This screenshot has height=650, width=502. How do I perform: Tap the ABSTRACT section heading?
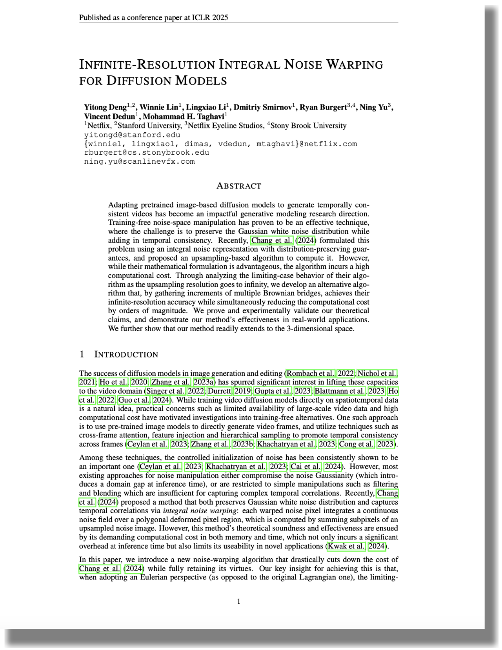tap(239, 186)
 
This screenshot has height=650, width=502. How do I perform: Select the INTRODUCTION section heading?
tap(126, 354)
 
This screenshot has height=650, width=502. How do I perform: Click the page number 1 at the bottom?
tap(239, 601)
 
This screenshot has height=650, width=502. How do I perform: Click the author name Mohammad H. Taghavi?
tap(183, 116)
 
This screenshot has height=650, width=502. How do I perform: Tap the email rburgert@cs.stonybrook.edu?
tap(147, 152)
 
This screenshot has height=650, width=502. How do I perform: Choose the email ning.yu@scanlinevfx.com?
tap(139, 161)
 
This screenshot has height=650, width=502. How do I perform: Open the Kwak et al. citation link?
tap(346, 546)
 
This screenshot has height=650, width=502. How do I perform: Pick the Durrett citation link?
tap(220, 391)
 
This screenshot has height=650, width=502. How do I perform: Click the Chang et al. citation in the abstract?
tap(272, 240)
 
